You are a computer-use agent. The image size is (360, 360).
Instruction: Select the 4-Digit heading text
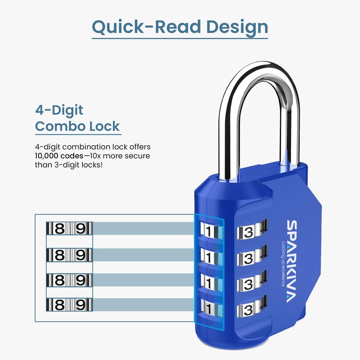click(x=59, y=110)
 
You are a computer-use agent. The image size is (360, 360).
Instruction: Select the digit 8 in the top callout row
click(x=59, y=229)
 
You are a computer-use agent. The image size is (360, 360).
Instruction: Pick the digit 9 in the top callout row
click(x=81, y=229)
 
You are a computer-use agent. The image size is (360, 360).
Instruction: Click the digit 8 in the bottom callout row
click(x=59, y=305)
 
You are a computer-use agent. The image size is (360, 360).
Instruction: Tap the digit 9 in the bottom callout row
click(x=81, y=305)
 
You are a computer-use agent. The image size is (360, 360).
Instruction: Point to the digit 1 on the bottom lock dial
click(x=208, y=310)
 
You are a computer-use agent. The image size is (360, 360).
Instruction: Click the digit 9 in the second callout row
click(x=81, y=255)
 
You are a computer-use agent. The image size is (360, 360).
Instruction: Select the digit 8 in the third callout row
click(x=59, y=280)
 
